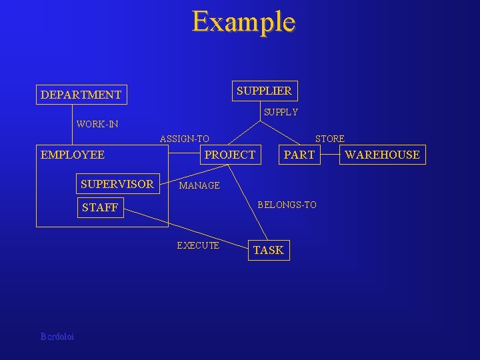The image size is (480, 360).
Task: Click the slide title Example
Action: [x=243, y=21]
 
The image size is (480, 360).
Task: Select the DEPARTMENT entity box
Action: [x=81, y=95]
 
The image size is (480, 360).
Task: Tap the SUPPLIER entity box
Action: [x=264, y=90]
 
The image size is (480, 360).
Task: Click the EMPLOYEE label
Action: [x=73, y=155]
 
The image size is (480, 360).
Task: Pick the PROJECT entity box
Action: [x=229, y=155]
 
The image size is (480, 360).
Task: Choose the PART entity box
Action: [x=299, y=155]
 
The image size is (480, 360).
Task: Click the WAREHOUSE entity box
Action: [x=382, y=155]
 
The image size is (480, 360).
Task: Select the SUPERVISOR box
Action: [x=117, y=184]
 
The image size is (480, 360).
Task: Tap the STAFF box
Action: [x=100, y=207]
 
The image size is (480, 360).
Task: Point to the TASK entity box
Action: [x=269, y=250]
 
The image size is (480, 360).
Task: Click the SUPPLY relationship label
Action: [x=281, y=112]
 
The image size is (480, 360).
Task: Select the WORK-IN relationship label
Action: [x=97, y=124]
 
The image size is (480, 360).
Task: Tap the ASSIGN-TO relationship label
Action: [x=185, y=139]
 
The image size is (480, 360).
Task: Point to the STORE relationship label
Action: [x=329, y=139]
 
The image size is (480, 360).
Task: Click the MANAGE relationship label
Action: [x=199, y=185]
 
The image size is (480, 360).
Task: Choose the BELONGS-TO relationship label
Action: [x=287, y=205]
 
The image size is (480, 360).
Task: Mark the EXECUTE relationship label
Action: [x=198, y=245]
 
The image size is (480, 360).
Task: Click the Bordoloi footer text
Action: [x=57, y=337]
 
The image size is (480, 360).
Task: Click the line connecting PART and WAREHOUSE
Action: [x=329, y=155]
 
